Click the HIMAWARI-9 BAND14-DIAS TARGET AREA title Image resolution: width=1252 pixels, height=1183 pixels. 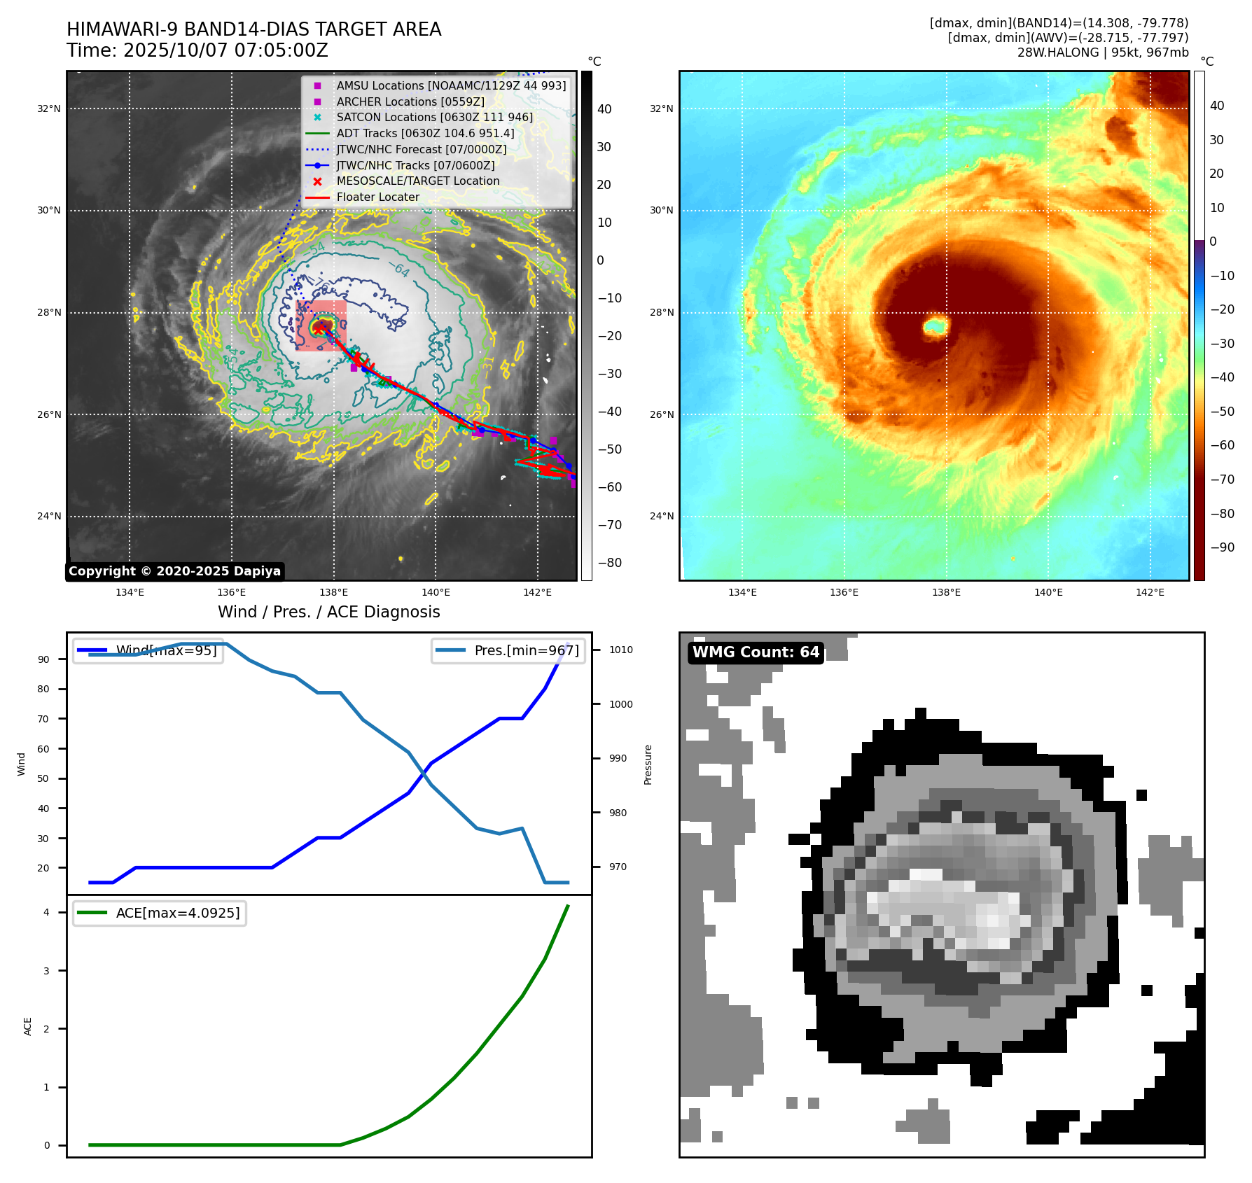click(253, 29)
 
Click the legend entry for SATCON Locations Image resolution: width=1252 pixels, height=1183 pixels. click(434, 117)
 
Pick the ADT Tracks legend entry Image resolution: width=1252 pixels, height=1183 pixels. click(425, 133)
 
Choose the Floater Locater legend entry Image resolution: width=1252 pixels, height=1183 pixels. click(377, 197)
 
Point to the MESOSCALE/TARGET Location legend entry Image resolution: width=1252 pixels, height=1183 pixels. click(417, 181)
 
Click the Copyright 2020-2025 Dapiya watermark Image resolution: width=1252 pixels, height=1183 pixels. click(174, 571)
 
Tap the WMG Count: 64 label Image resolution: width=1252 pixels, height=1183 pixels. click(756, 652)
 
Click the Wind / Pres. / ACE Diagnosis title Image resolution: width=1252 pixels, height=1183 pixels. click(329, 612)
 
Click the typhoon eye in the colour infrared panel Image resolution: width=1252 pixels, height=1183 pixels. click(935, 325)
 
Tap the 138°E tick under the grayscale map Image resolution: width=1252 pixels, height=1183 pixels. click(333, 592)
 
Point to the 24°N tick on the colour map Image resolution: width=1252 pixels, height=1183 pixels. click(661, 517)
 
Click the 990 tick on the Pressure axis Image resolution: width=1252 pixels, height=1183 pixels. click(618, 758)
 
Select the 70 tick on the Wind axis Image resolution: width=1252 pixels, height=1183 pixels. click(43, 719)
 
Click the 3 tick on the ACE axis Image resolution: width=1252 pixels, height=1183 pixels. click(47, 971)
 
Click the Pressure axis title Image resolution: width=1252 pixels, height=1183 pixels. click(648, 764)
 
